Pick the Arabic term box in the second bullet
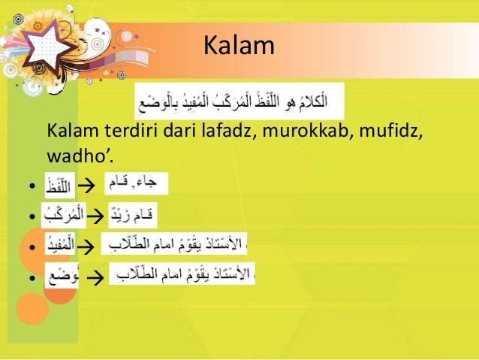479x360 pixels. [63, 216]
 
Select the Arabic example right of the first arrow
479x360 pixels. [135, 183]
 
